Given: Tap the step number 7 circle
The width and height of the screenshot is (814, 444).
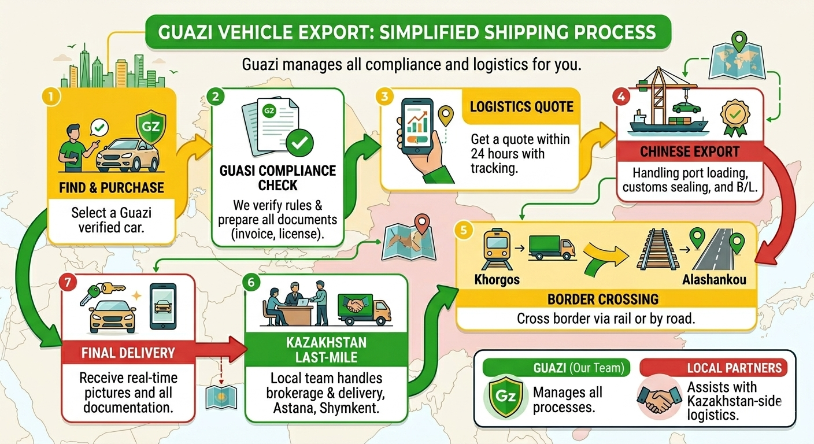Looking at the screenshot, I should click(x=68, y=283).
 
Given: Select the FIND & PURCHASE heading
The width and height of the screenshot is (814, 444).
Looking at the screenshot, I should click(x=112, y=187).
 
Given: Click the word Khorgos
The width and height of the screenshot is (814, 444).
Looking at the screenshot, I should click(x=497, y=280).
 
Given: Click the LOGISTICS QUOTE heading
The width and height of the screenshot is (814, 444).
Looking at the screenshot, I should click(x=521, y=106).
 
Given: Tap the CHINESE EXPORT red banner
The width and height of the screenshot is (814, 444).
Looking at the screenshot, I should click(x=690, y=152).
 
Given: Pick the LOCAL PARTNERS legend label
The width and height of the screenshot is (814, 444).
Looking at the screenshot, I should click(x=734, y=368).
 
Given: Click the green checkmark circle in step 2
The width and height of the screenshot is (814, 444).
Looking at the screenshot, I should click(x=299, y=141).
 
